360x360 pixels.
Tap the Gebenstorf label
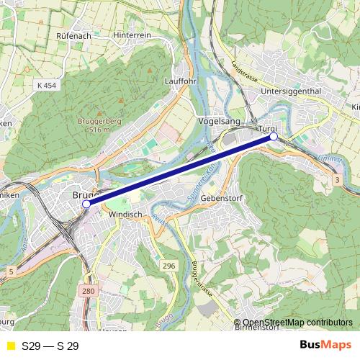pyautogui.click(x=220, y=197)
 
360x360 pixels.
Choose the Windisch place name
pyautogui.click(x=125, y=215)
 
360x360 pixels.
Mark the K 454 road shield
pyautogui.click(x=45, y=85)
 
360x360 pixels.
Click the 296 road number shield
pyautogui.click(x=168, y=266)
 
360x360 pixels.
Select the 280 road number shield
pyautogui.click(x=87, y=291)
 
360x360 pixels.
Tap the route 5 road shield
pyautogui.click(x=11, y=271)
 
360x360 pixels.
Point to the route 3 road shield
pyautogui.click(x=337, y=178)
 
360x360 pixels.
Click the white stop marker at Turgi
pyautogui.click(x=274, y=136)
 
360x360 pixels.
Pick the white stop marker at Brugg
pyautogui.click(x=86, y=204)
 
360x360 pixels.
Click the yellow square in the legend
pyautogui.click(x=10, y=346)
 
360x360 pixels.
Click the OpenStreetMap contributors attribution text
pyautogui.click(x=297, y=323)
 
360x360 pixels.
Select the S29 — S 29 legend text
pyautogui.click(x=50, y=346)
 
